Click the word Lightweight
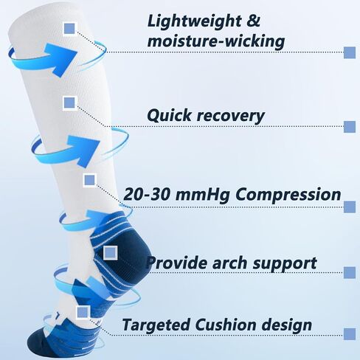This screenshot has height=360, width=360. pyautogui.click(x=194, y=22)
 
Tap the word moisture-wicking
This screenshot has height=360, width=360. pyautogui.click(x=216, y=41)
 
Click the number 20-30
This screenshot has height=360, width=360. pyautogui.click(x=147, y=194)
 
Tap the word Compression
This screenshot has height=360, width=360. pyautogui.click(x=288, y=195)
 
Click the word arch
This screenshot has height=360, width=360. pyautogui.click(x=229, y=263)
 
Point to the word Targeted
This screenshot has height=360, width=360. pyautogui.click(x=156, y=325)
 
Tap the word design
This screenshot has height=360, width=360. pyautogui.click(x=286, y=325)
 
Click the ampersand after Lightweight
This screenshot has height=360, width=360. pyautogui.click(x=253, y=21)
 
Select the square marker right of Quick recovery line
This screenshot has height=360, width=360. pyautogui.click(x=350, y=127)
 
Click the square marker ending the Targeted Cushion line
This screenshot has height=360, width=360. pyautogui.click(x=350, y=334)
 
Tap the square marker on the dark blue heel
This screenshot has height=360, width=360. pyautogui.click(x=110, y=252)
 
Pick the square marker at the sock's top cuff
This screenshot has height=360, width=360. pyautogui.click(x=70, y=29)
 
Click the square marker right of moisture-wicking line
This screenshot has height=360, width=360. pyautogui.click(x=350, y=52)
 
